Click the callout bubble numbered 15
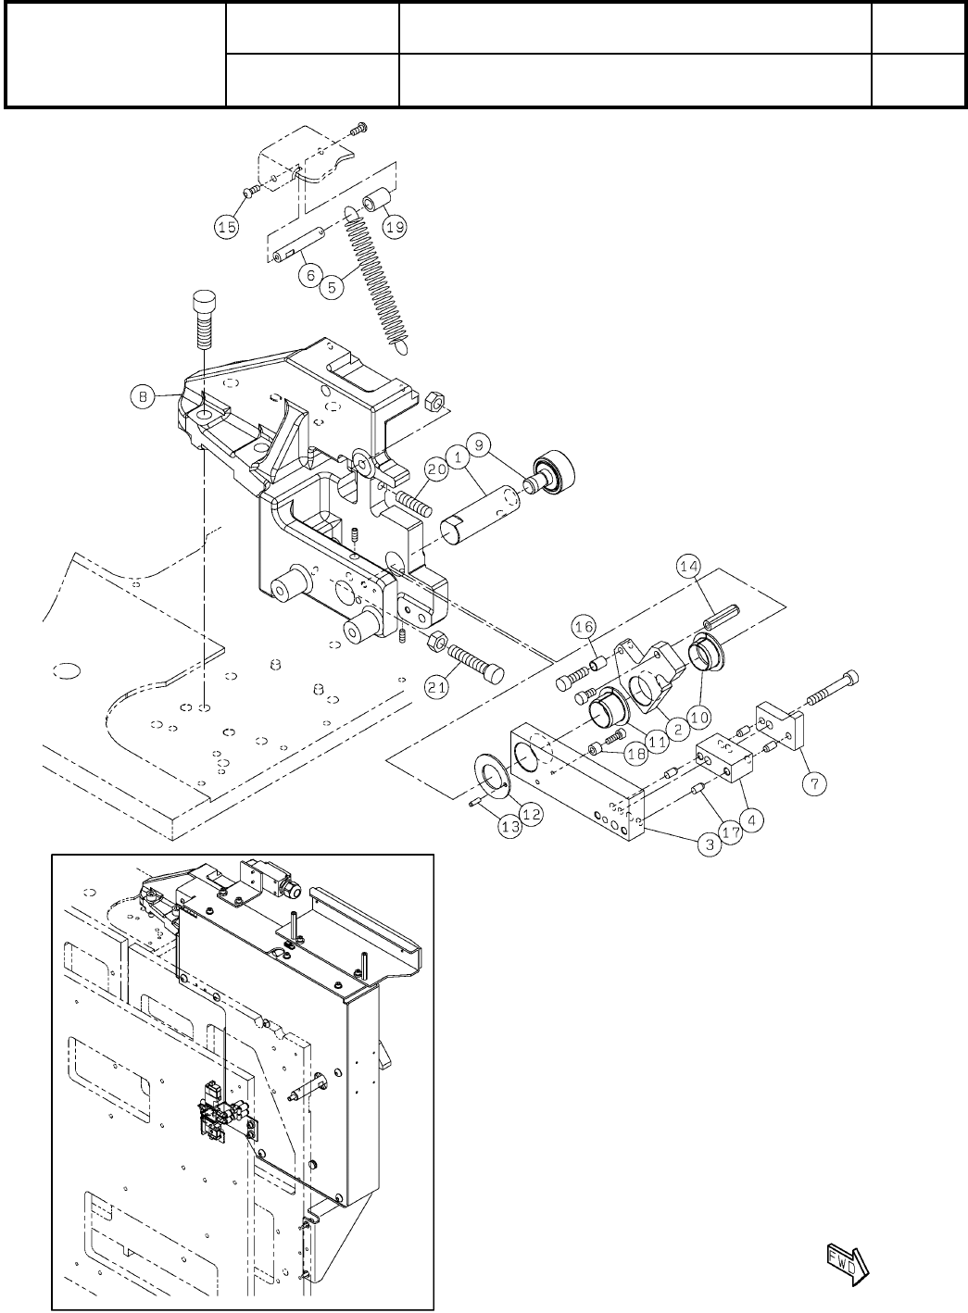[x=227, y=227]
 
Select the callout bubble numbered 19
[x=396, y=226]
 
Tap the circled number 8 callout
[x=143, y=397]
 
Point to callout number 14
[x=689, y=567]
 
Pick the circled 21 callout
[x=437, y=686]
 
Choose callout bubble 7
[x=815, y=782]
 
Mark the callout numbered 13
[x=510, y=827]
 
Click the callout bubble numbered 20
[x=437, y=469]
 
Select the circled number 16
[x=584, y=627]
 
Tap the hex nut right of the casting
[x=434, y=400]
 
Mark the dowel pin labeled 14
[x=723, y=618]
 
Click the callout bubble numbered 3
[x=710, y=844]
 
